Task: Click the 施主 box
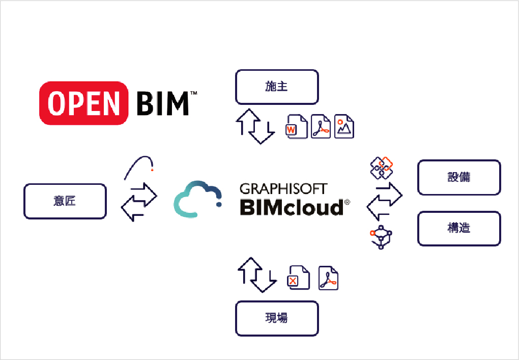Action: (277, 87)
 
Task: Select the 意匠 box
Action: (65, 201)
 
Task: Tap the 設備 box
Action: (459, 177)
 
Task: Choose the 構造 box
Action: (459, 229)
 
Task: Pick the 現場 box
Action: (277, 318)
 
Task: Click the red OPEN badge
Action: (83, 103)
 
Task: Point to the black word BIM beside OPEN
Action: (163, 103)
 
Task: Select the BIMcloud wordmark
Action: (292, 208)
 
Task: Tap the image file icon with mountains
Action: (344, 126)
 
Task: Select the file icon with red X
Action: (299, 278)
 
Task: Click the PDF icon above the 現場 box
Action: (329, 278)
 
